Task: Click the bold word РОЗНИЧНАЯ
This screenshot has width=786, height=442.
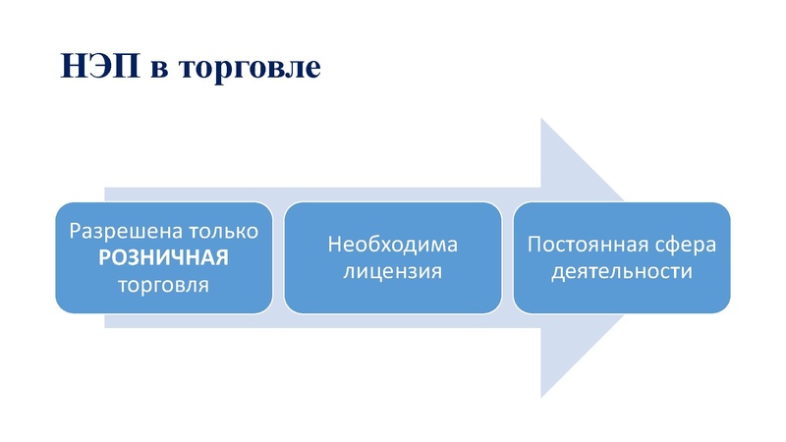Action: pos(163,259)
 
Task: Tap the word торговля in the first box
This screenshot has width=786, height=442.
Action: pos(163,287)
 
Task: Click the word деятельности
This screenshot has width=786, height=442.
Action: pos(622,271)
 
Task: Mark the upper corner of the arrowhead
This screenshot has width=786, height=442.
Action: pos(541,119)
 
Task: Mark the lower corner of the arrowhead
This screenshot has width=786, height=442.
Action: pos(541,398)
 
